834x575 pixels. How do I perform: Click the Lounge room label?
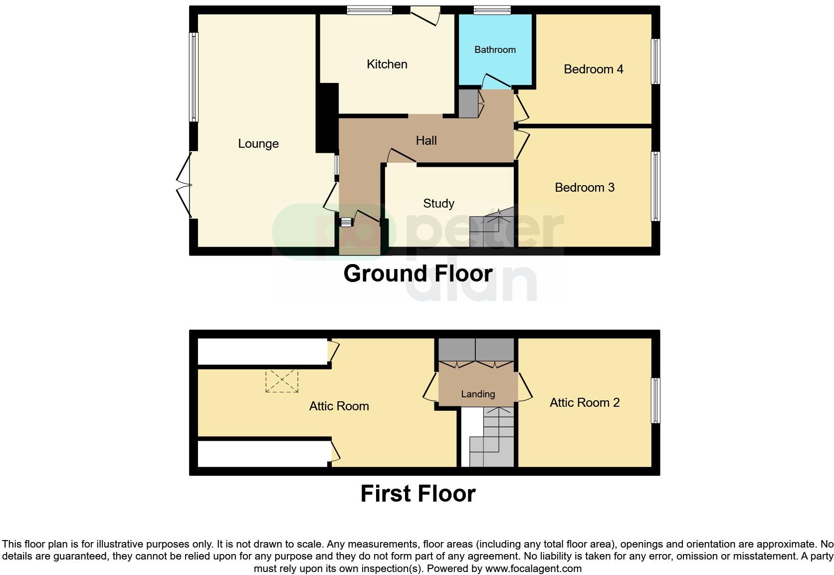pos(258,144)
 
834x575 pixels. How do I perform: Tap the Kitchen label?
pos(387,64)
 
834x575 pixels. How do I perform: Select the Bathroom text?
pos(495,49)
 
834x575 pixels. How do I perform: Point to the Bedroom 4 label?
pos(593,69)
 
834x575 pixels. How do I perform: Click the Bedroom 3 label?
pos(584,188)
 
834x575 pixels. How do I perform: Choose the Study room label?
pos(438,204)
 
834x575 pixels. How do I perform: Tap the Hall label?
pos(426,141)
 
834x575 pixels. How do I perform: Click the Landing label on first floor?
pos(477,394)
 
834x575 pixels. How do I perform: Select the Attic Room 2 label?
pos(584,403)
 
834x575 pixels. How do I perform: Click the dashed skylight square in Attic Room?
pos(282,381)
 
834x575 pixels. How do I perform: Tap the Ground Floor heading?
pos(417,274)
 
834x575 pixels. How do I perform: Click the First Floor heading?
pos(417,494)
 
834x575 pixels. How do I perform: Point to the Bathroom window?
pos(492,9)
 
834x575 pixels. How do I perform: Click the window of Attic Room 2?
pos(656,401)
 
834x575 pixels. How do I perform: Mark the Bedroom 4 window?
pos(656,61)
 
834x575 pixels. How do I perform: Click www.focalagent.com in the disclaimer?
pos(533,569)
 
